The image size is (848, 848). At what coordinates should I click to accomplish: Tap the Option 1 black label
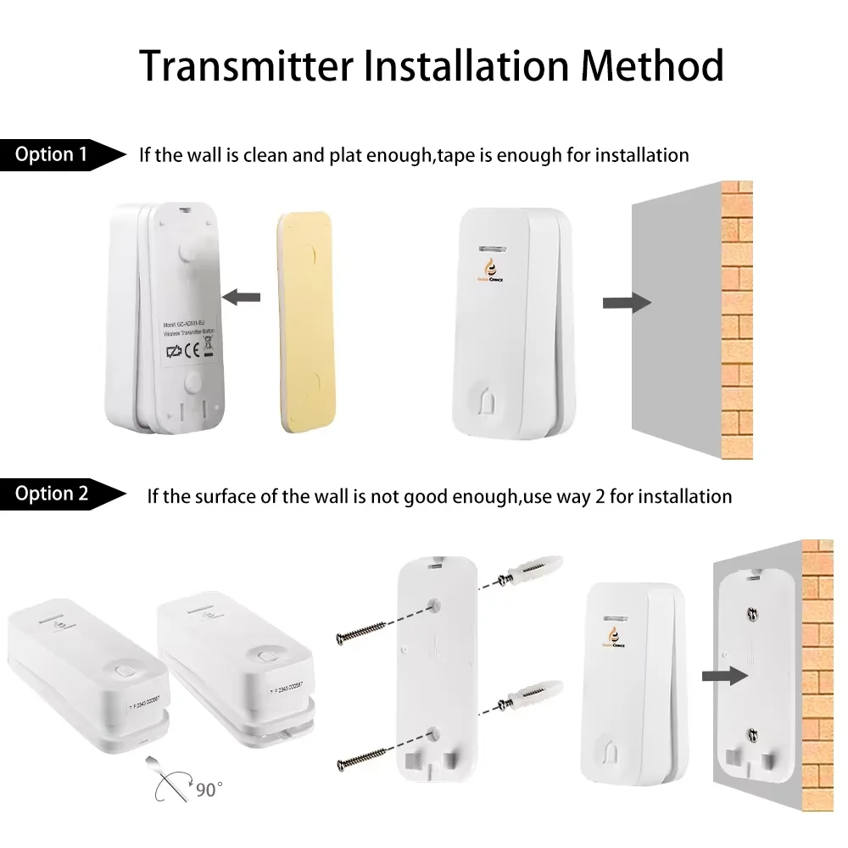click(x=53, y=154)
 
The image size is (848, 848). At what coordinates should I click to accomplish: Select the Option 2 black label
click(x=53, y=494)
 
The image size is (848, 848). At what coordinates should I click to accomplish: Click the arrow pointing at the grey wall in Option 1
click(x=626, y=303)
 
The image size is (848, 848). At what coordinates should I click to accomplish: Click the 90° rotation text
click(x=208, y=789)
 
